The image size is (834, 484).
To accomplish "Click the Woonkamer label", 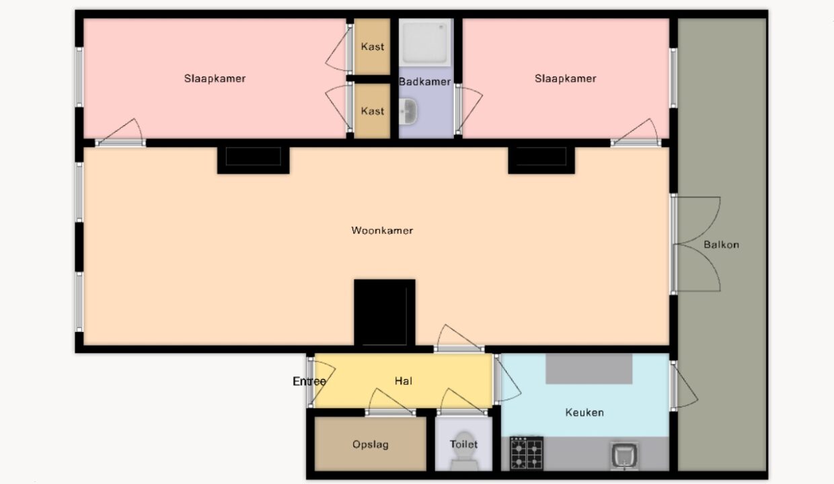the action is pyautogui.click(x=382, y=231).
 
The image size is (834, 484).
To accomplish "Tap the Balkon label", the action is pyautogui.click(x=721, y=245).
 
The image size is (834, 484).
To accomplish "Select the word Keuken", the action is pyautogui.click(x=584, y=412).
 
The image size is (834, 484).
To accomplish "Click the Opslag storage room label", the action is pyautogui.click(x=371, y=444).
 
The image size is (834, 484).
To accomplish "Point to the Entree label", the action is pyautogui.click(x=309, y=381).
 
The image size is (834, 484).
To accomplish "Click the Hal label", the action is pyautogui.click(x=404, y=381).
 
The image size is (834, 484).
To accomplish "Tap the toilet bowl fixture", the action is pyautogui.click(x=464, y=451).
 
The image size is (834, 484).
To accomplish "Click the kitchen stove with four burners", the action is pyautogui.click(x=527, y=453).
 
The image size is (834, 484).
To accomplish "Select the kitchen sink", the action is pyautogui.click(x=624, y=456).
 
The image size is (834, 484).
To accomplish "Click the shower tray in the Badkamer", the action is pyautogui.click(x=425, y=42).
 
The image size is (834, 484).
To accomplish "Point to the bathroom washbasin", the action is pyautogui.click(x=408, y=111).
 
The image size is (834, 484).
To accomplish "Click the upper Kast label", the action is pyautogui.click(x=373, y=47).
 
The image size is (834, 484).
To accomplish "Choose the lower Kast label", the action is pyautogui.click(x=373, y=111).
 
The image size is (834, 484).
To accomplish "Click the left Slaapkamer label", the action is pyautogui.click(x=215, y=79).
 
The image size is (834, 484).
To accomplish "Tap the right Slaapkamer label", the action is pyautogui.click(x=566, y=79).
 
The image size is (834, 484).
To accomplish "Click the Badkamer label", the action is pyautogui.click(x=425, y=82).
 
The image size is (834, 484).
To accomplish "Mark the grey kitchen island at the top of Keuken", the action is pyautogui.click(x=589, y=368).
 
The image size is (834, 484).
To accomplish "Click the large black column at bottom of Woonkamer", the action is pyautogui.click(x=385, y=313).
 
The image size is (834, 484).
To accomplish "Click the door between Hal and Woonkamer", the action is pyautogui.click(x=459, y=339).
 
